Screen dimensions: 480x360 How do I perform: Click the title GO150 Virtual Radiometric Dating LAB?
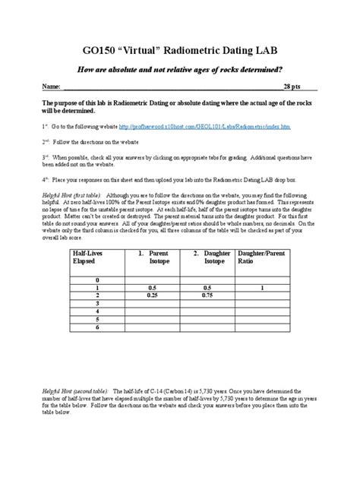click(x=180, y=50)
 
